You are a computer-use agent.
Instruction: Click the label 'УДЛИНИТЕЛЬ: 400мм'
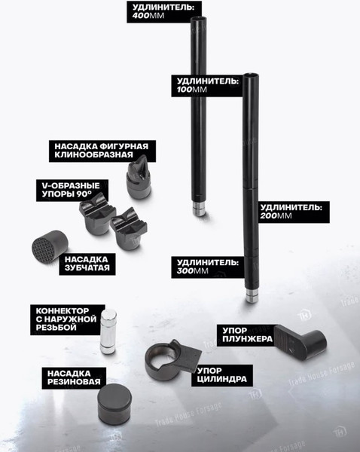[163, 11]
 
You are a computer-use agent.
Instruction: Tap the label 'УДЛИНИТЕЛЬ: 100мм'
[208, 85]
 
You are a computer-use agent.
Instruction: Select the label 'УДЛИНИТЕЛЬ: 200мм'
[291, 212]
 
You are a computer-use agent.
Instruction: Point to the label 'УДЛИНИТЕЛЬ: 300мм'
[208, 267]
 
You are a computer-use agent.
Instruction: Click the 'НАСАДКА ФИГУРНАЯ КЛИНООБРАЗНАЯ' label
[102, 151]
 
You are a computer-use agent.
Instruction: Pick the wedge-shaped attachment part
[139, 177]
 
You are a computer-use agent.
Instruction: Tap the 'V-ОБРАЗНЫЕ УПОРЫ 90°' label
[72, 190]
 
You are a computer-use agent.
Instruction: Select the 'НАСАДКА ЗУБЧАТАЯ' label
[87, 264]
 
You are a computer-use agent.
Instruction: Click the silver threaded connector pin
[108, 331]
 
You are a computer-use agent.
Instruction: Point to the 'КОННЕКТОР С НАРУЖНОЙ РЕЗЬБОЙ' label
[68, 319]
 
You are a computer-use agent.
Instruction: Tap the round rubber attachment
[114, 404]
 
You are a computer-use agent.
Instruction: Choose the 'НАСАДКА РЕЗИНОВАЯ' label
[74, 378]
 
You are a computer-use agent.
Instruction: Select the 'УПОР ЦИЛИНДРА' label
[222, 375]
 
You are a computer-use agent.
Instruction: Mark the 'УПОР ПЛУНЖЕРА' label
[247, 335]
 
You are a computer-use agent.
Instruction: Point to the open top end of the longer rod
[251, 76]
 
